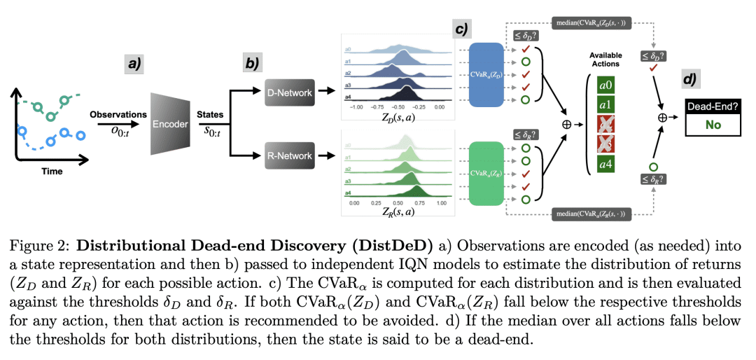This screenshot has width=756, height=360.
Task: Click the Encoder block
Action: click(x=169, y=125)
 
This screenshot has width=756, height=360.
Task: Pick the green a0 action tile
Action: click(x=605, y=85)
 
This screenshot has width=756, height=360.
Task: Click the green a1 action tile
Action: click(x=605, y=106)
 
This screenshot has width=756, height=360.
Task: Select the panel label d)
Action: click(x=689, y=78)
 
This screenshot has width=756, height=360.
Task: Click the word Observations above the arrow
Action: click(x=118, y=113)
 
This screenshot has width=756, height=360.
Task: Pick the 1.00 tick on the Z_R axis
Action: click(x=440, y=202)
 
